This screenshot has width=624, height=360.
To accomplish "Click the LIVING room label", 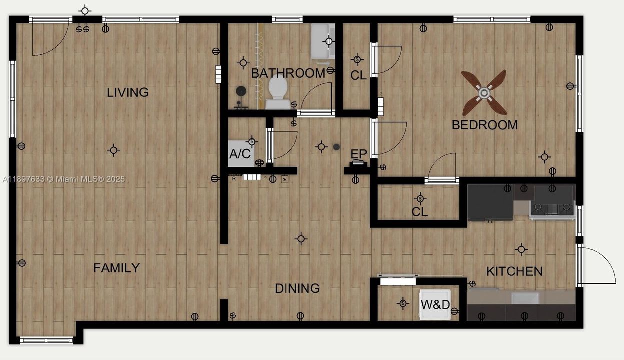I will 128,92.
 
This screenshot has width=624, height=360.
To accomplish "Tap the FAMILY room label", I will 116,268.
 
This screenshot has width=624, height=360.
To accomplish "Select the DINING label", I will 297,288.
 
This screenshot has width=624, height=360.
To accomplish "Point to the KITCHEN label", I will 514,271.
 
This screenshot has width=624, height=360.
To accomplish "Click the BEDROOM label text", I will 484,125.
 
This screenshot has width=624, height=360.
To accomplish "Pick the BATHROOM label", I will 288,73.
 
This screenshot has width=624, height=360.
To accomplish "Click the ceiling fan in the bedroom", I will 484,93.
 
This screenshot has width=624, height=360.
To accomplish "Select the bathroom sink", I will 323,41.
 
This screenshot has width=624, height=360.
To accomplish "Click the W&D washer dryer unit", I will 435,304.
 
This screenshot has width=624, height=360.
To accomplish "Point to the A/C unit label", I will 240,154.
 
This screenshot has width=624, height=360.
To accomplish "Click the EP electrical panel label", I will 358,154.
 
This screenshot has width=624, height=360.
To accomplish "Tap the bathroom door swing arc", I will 316,97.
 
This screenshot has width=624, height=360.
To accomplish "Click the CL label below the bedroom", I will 420,212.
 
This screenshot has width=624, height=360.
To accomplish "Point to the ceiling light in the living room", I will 114,150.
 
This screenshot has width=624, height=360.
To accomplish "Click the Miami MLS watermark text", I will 64,179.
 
